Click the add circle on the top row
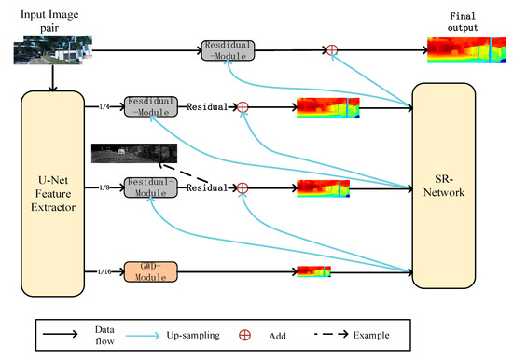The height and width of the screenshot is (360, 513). [x=330, y=49]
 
